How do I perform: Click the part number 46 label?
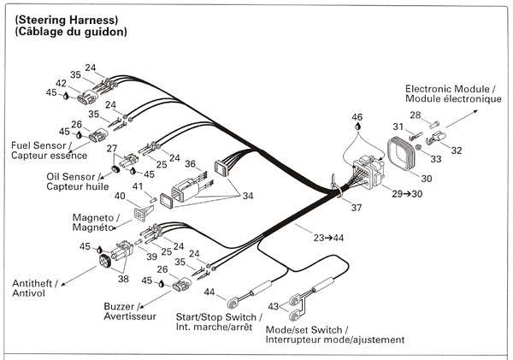click(357, 116)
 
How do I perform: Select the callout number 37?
click(357, 208)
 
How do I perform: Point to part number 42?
click(62, 84)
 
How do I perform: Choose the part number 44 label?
click(209, 293)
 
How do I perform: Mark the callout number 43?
click(274, 306)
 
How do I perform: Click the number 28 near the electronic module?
click(415, 115)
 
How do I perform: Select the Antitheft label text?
click(32, 283)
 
